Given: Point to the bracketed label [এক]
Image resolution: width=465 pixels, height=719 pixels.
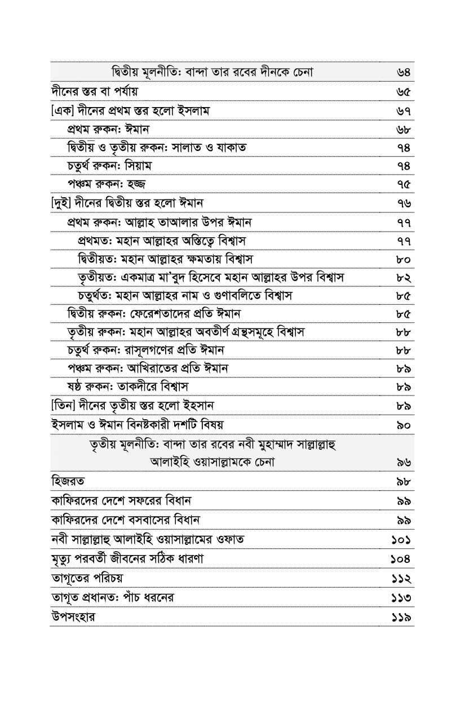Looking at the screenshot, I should [x=60, y=110].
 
